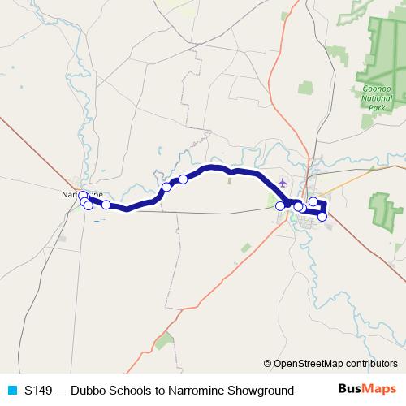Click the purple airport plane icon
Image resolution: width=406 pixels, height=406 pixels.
click(282, 182)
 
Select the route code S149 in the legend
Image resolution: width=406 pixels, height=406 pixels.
click(39, 391)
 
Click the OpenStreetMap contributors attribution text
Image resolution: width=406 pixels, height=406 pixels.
click(335, 363)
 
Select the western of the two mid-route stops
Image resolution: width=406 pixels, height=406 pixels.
click(166, 188)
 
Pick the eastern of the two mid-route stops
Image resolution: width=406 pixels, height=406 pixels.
click(184, 179)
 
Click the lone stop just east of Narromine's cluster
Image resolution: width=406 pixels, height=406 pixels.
click(106, 205)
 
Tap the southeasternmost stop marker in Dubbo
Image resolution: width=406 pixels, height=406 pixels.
click(322, 217)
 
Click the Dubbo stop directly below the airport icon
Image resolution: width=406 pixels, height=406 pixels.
click(280, 206)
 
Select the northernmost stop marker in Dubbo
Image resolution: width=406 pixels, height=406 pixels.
click(313, 201)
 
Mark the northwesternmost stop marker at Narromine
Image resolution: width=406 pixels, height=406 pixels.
click(82, 196)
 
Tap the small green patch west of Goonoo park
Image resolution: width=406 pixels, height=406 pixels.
click(305, 86)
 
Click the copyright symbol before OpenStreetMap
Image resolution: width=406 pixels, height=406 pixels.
click(268, 363)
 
